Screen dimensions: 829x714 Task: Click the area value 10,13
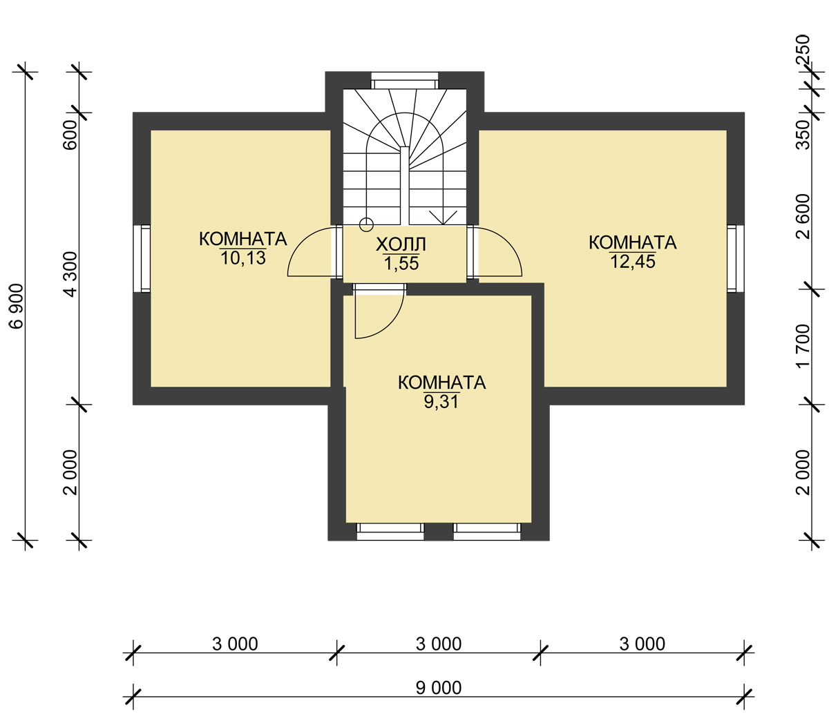point(243,258)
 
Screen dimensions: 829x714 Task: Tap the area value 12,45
point(633,262)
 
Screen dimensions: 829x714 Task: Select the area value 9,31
point(441,402)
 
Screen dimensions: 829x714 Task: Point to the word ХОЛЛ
point(401,244)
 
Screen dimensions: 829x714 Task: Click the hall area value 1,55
point(401,263)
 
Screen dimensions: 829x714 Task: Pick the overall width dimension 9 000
point(439,688)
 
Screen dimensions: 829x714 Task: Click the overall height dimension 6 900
point(17,307)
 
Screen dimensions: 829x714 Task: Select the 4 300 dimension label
point(71,274)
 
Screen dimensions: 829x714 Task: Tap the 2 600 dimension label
point(803,217)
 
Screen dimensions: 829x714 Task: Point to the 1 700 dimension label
point(803,347)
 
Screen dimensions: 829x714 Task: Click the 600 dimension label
point(71,135)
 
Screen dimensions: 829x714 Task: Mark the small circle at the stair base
point(366,224)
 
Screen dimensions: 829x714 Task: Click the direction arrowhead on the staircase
point(444,218)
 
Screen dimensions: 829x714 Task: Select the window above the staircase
point(404,80)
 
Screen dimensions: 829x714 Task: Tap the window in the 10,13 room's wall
point(142,258)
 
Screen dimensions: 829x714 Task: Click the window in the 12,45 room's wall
point(736,258)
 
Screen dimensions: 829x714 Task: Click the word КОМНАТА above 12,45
point(633,242)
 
